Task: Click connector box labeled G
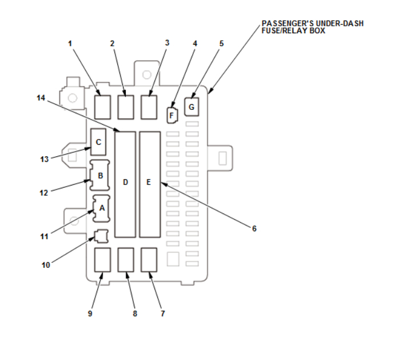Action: tap(192, 106)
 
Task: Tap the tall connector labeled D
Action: tap(125, 183)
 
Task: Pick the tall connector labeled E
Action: tap(149, 183)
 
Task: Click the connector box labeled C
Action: tap(99, 142)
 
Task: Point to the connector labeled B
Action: tap(100, 176)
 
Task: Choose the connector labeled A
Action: tap(101, 208)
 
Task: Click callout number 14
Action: tap(41, 98)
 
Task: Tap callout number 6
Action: tap(254, 228)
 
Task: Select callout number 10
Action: tap(45, 265)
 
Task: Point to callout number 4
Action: tap(194, 43)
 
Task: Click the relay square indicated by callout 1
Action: tap(103, 106)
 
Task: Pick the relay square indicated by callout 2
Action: tap(126, 106)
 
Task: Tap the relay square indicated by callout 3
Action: tap(149, 106)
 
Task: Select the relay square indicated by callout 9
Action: tap(103, 259)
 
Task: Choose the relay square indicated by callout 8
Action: tap(126, 259)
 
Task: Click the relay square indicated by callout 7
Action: tap(149, 259)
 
